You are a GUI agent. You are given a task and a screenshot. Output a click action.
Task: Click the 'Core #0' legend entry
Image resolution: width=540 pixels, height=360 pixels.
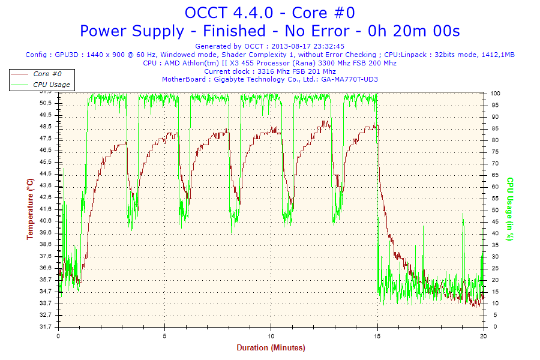point(47,74)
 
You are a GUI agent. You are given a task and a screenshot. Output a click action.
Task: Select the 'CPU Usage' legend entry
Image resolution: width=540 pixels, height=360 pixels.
point(52,85)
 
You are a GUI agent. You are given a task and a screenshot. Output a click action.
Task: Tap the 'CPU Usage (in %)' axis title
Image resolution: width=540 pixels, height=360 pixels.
point(510,209)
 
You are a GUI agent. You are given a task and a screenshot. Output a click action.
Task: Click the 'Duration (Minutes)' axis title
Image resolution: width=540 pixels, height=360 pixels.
point(271,347)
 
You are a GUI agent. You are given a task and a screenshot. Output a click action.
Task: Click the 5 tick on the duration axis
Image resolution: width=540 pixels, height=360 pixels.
point(165,335)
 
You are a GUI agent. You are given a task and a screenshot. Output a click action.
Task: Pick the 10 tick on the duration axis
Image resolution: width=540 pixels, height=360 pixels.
point(271,335)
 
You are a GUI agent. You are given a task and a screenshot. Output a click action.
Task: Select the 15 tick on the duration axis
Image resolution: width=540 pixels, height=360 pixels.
point(377,335)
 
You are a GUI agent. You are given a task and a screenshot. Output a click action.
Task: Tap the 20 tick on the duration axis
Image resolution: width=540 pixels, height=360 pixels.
point(484,335)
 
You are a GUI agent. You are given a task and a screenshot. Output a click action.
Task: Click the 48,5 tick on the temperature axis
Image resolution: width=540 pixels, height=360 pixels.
point(46,127)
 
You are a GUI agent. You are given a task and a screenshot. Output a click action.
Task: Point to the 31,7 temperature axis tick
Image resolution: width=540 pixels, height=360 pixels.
point(46,327)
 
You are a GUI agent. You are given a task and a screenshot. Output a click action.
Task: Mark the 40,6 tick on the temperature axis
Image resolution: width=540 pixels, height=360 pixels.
point(46,221)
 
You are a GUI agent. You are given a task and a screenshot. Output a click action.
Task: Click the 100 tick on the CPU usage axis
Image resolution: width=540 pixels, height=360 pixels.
point(496,94)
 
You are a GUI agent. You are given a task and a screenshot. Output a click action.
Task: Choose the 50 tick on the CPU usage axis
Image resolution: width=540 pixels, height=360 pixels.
point(494,210)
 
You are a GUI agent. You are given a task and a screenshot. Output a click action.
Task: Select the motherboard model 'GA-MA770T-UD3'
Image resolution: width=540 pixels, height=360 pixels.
point(349,79)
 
